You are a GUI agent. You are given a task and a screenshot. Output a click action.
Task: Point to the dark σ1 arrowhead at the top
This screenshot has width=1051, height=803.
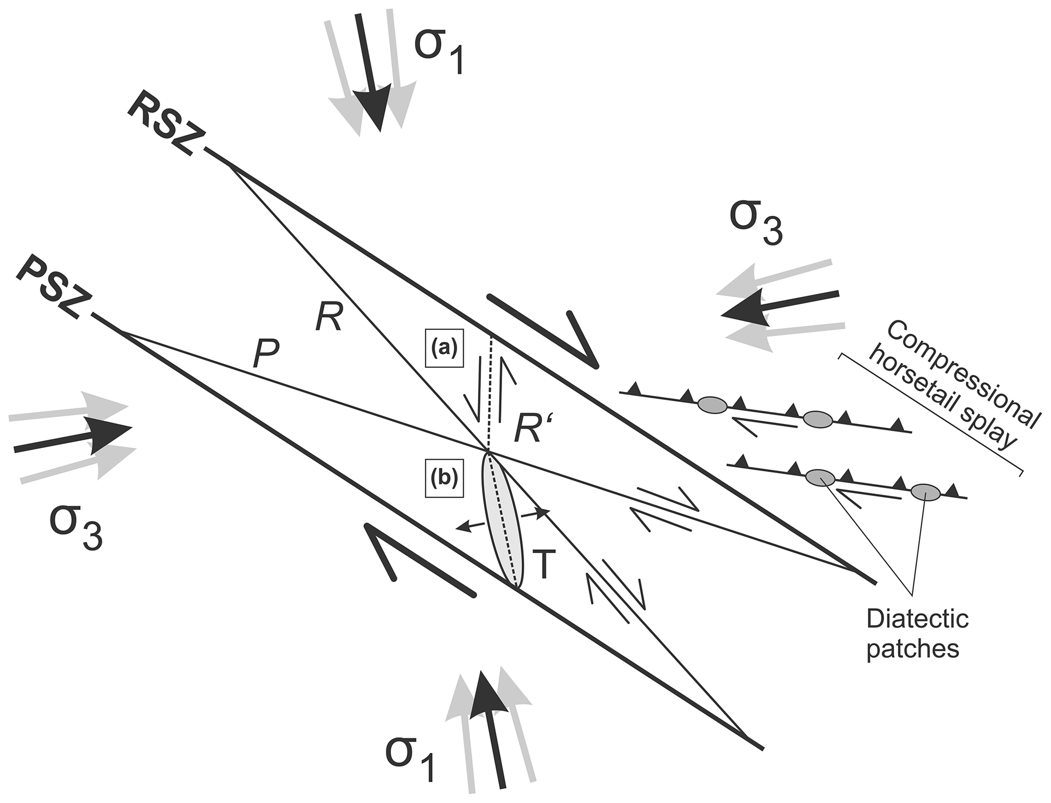(x=377, y=109)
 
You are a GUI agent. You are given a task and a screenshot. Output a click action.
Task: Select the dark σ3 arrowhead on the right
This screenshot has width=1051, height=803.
(x=745, y=311)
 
